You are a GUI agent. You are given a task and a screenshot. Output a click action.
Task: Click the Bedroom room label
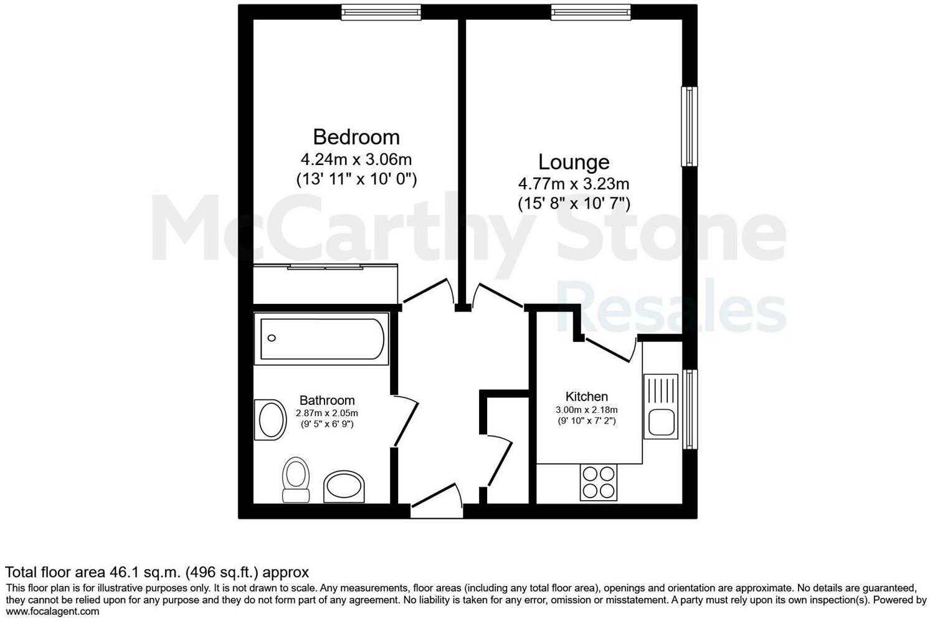coord(356,137)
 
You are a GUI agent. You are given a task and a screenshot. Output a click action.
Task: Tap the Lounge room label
coord(574,162)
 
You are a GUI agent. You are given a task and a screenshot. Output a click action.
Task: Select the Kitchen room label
coord(586,397)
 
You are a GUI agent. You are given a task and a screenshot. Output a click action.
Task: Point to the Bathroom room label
coord(327,401)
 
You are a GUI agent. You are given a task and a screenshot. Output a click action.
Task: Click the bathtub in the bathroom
coord(323,339)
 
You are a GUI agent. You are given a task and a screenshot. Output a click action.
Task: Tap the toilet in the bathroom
coord(296,480)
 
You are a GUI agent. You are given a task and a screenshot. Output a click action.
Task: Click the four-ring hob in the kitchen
coord(599,482)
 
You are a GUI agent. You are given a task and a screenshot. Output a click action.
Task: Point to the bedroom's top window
coord(381,12)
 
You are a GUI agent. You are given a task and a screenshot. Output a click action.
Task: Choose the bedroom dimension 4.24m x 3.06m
coord(356,159)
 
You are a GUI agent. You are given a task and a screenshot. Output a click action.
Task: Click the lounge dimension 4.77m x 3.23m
coord(574,184)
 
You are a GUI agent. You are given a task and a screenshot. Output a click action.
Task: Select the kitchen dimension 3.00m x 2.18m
coord(586,410)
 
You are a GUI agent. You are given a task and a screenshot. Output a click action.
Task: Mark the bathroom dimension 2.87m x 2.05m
coord(327,413)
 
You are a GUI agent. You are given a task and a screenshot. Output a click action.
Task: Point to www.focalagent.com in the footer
coord(52,612)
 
